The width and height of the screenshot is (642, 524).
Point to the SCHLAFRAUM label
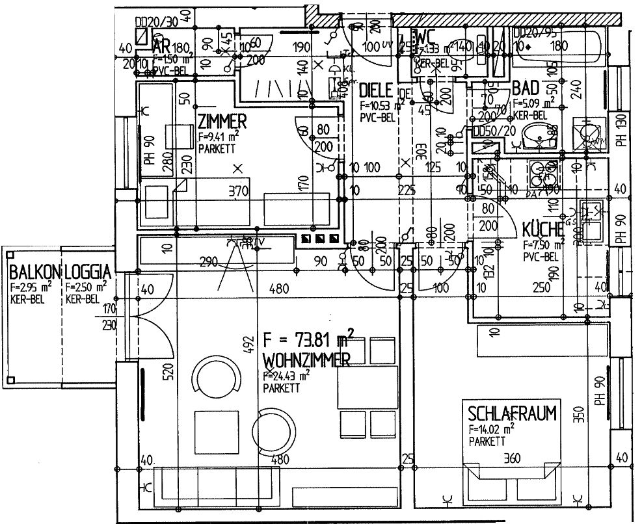[x=513, y=413]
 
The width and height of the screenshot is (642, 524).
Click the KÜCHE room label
[x=542, y=229]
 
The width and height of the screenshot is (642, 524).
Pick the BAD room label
[x=526, y=88]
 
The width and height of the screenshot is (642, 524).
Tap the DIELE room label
[x=375, y=90]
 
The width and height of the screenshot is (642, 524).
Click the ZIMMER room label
[x=222, y=122]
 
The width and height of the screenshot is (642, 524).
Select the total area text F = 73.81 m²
[x=308, y=339]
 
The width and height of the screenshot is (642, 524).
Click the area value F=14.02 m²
[x=492, y=429]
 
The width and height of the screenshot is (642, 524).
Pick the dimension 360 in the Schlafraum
[x=513, y=460]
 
